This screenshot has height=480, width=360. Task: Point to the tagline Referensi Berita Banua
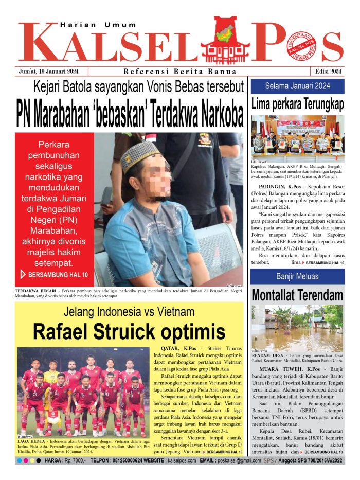tap(180, 72)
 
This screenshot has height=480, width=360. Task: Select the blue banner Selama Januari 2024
tap(297, 85)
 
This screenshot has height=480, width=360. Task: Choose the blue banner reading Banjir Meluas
tap(297, 276)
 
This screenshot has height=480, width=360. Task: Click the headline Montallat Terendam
tap(297, 295)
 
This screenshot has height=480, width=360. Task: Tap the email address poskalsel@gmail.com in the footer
tap(238, 460)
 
